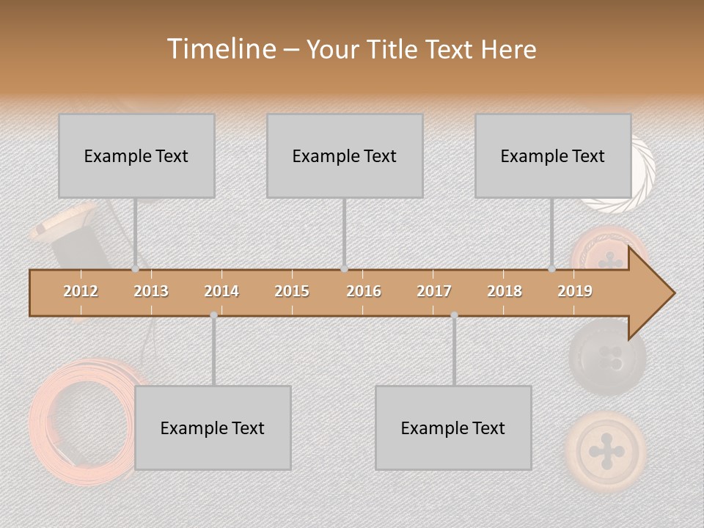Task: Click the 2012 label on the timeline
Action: pos(81,291)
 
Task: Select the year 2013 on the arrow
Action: pos(151,291)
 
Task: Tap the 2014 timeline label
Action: pos(221,291)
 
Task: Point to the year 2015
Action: pos(292,291)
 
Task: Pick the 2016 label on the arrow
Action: pos(364,291)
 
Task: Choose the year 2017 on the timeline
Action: pos(434,291)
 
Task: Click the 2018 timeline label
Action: pos(505,291)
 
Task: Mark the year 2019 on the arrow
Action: pos(575,291)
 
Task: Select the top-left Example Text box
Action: pos(136,155)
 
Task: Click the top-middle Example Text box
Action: pos(345,155)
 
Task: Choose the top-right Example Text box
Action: pos(553,155)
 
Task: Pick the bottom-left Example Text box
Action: pos(213,428)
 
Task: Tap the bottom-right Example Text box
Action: pos(453,428)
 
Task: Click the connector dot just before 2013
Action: pos(135,269)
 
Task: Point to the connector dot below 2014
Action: pos(213,315)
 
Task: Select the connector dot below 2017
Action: pos(454,315)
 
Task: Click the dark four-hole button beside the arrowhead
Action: pos(607,358)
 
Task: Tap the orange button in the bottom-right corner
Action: pos(606,449)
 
